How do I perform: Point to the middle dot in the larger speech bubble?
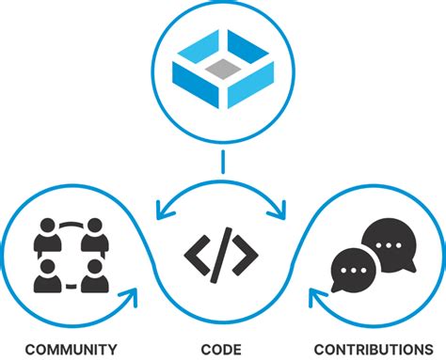click(x=389, y=243)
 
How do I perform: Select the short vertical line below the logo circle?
click(x=222, y=163)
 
